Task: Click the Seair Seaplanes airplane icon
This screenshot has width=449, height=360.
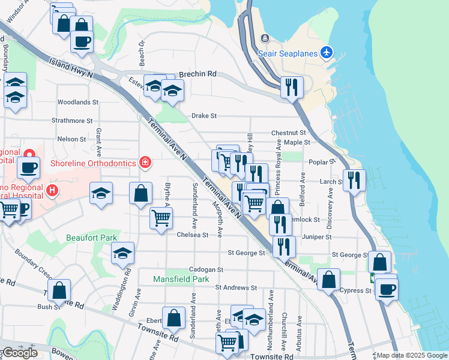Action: point(326,53)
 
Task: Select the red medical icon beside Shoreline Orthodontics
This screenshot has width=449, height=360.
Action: point(144,162)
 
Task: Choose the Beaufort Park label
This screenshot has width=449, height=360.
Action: point(92,238)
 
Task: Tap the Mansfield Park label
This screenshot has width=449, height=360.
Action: point(181,279)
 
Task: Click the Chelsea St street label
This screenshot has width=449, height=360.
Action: point(192,235)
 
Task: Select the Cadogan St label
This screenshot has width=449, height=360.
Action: point(206,270)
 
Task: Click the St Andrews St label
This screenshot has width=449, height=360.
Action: point(235,287)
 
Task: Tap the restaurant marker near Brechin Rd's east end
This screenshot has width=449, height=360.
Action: point(292,86)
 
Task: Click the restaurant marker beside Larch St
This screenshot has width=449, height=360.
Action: point(354,179)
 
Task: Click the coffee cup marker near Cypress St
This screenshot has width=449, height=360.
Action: point(387,290)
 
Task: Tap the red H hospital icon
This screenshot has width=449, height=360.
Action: point(52,191)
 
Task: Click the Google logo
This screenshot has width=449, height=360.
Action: point(20,353)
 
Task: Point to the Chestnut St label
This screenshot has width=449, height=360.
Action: point(289,133)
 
